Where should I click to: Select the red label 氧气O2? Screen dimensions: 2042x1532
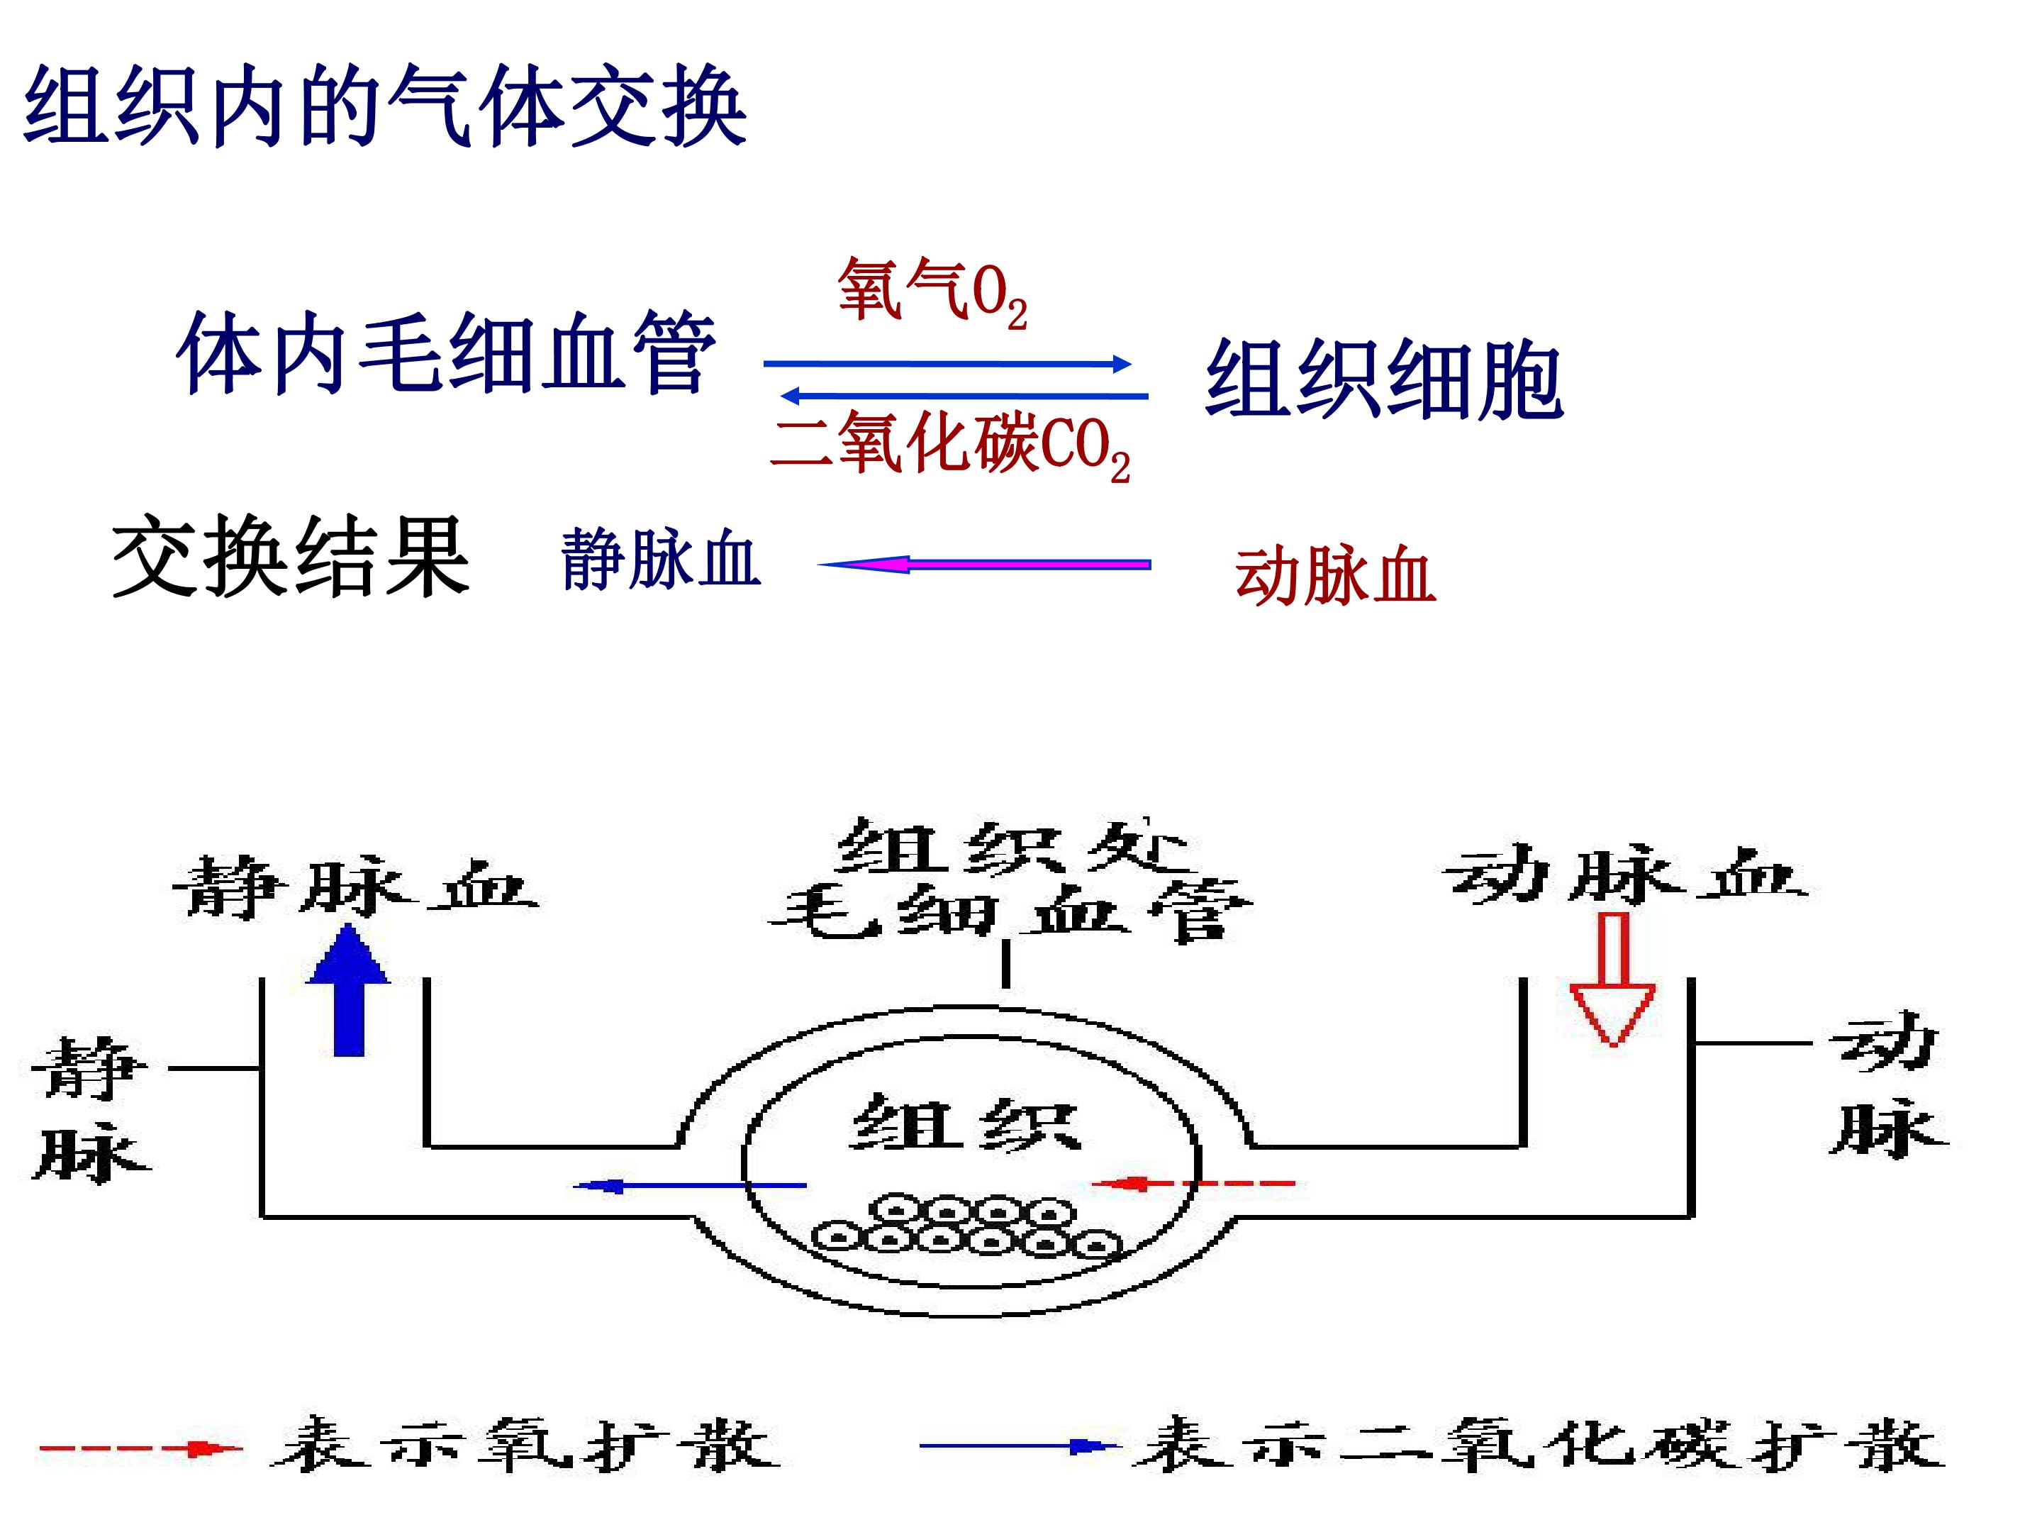[x=932, y=293]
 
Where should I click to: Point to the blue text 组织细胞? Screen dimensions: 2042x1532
[x=1384, y=379]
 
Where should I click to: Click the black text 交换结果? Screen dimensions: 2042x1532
[x=291, y=557]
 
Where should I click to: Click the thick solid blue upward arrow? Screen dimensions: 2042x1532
[x=348, y=989]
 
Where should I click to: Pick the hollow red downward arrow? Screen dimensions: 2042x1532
[x=1612, y=979]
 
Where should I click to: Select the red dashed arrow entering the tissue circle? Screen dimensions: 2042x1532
[x=1193, y=1183]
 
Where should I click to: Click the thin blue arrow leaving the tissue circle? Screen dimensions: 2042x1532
[x=690, y=1184]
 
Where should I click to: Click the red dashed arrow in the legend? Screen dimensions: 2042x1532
[x=140, y=1448]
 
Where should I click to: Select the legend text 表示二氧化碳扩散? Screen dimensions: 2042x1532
[x=1540, y=1444]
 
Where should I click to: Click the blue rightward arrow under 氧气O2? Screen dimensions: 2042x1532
[x=948, y=364]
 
